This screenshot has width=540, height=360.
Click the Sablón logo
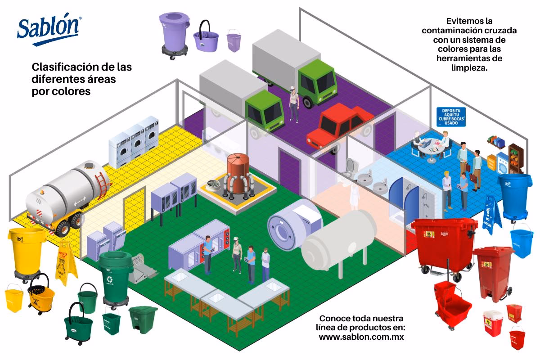49,31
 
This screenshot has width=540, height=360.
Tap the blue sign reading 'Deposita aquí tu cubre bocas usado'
451,117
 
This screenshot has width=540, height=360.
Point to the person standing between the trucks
293,103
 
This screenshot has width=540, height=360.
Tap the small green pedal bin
143,319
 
